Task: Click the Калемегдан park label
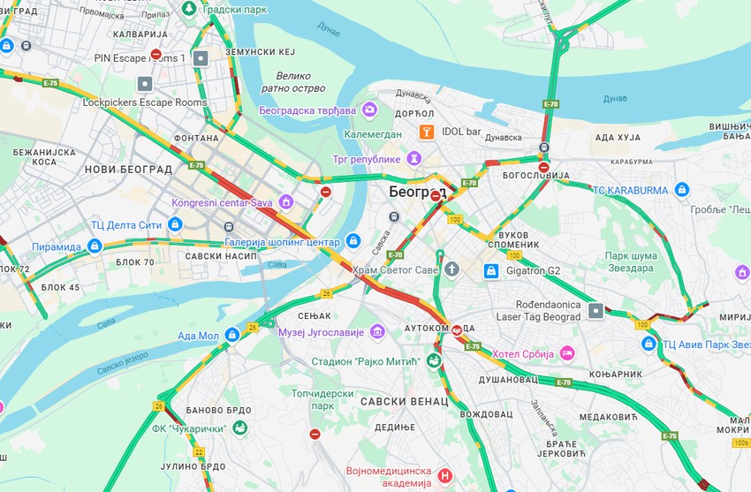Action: [372, 133]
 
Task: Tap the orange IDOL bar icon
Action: [427, 132]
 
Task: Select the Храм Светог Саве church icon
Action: [451, 269]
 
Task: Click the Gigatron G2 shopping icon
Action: [490, 270]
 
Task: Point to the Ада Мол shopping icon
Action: [231, 335]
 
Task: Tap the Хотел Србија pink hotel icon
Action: [566, 353]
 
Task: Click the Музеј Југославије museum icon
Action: [377, 331]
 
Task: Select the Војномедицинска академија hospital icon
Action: [444, 476]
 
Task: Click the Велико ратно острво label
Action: [292, 82]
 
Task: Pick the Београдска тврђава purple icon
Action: [369, 110]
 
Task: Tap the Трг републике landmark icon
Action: [413, 158]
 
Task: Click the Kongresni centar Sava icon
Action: [285, 202]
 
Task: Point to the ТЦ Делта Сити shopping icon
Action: [175, 224]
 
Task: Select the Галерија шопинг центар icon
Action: [353, 241]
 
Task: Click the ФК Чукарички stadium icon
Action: [239, 429]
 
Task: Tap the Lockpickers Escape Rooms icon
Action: [145, 84]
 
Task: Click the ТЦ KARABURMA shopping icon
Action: [681, 189]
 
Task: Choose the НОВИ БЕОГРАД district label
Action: [128, 169]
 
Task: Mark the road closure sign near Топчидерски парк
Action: [315, 434]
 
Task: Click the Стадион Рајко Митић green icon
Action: [433, 360]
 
